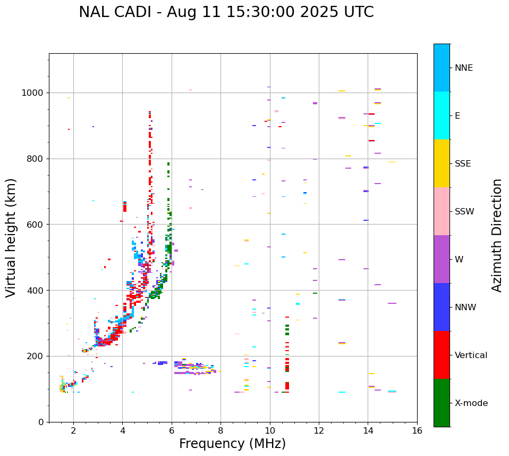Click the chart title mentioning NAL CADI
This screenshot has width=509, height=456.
coord(226,12)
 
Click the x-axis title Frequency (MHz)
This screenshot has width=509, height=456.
coord(232,444)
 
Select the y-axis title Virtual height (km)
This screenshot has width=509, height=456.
coord(11,237)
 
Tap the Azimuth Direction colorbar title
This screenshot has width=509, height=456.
coord(497,235)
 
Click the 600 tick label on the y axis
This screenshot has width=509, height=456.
coord(37,225)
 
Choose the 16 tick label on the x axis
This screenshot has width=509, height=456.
coord(417,430)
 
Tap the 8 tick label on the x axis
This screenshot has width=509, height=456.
coord(220,430)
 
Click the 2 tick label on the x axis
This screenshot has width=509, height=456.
coord(73,430)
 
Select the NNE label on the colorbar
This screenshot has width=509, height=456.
coord(464,68)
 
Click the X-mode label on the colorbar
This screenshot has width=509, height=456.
coord(471,403)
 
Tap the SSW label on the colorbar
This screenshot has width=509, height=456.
coord(464,212)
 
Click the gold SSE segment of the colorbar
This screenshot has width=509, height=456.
coord(442,163)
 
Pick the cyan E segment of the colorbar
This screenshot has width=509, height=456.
coord(442,115)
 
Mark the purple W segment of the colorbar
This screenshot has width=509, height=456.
coord(442,259)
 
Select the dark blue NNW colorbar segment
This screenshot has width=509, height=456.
coord(442,307)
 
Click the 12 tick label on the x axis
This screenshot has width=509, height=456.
coord(319,430)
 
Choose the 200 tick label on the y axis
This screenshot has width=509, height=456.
coord(37,356)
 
